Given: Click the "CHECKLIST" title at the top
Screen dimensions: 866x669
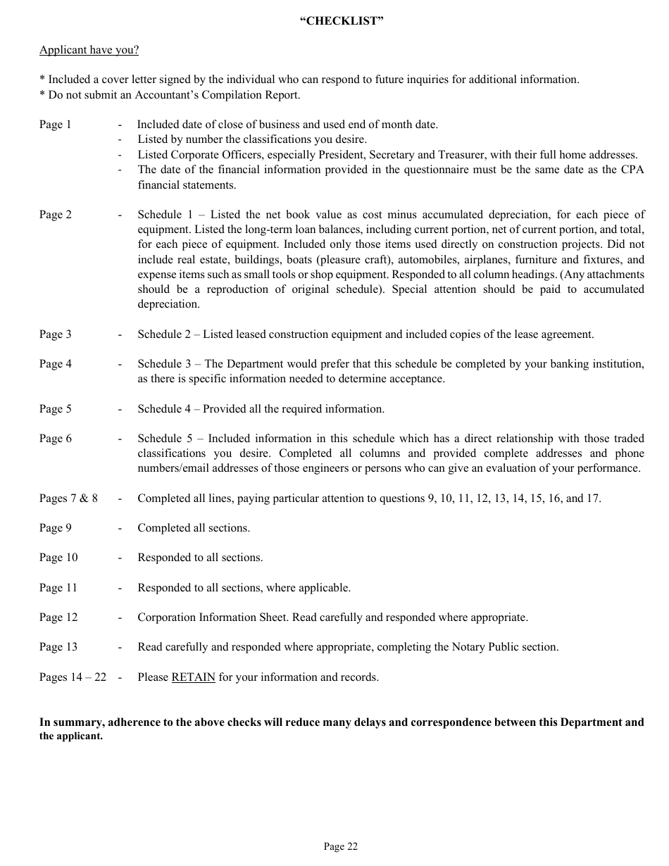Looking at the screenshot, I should coord(342,21).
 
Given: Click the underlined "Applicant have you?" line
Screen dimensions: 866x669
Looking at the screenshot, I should coord(89,50).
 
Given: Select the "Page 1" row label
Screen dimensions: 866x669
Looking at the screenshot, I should coord(55,125).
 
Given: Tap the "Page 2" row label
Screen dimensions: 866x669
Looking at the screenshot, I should coord(55,215).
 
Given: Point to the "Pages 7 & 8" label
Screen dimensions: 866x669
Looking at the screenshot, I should coord(68,498).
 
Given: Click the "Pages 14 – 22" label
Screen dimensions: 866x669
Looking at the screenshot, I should coord(73,677).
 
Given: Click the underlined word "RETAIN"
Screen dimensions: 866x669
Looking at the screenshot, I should coord(193,677).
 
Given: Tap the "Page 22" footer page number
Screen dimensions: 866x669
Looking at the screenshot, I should coord(341,847).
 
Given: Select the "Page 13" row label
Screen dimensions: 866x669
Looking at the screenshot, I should coord(58,647).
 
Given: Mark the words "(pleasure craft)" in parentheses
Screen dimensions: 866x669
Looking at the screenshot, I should coord(343,260).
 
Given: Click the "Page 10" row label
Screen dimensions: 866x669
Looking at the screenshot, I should coord(58,558).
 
